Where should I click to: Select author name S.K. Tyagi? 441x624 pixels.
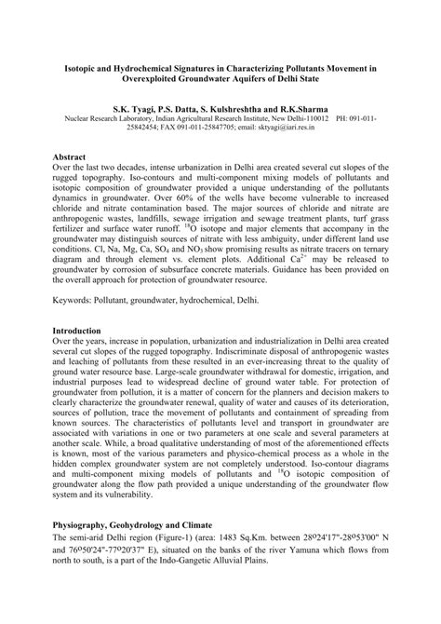pos(138,109)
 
